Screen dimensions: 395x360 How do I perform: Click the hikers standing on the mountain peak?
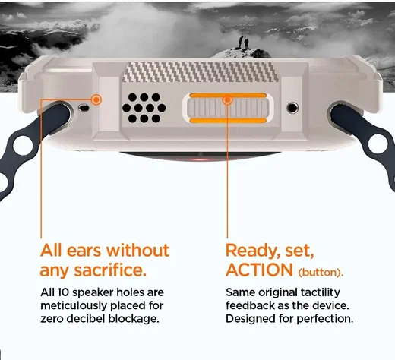click(x=243, y=43)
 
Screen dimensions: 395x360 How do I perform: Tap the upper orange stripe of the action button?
click(x=228, y=95)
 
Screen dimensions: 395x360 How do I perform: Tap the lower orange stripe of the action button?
click(x=228, y=121)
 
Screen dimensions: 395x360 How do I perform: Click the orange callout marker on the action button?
click(x=227, y=99)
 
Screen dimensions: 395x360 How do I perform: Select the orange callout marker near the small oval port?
click(x=96, y=99)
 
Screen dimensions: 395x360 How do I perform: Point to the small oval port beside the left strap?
click(x=84, y=108)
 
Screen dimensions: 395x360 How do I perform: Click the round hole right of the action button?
click(x=292, y=108)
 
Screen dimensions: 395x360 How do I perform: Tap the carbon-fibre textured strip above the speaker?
click(x=200, y=72)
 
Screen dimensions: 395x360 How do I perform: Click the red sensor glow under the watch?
click(x=201, y=159)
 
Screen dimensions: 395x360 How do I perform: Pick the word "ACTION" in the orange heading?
click(x=259, y=270)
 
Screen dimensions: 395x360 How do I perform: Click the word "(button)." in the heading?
click(x=321, y=273)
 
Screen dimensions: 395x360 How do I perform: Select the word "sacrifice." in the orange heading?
click(x=110, y=270)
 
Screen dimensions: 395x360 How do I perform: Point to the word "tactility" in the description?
click(x=321, y=293)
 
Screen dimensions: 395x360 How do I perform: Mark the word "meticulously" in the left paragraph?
click(x=74, y=305)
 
